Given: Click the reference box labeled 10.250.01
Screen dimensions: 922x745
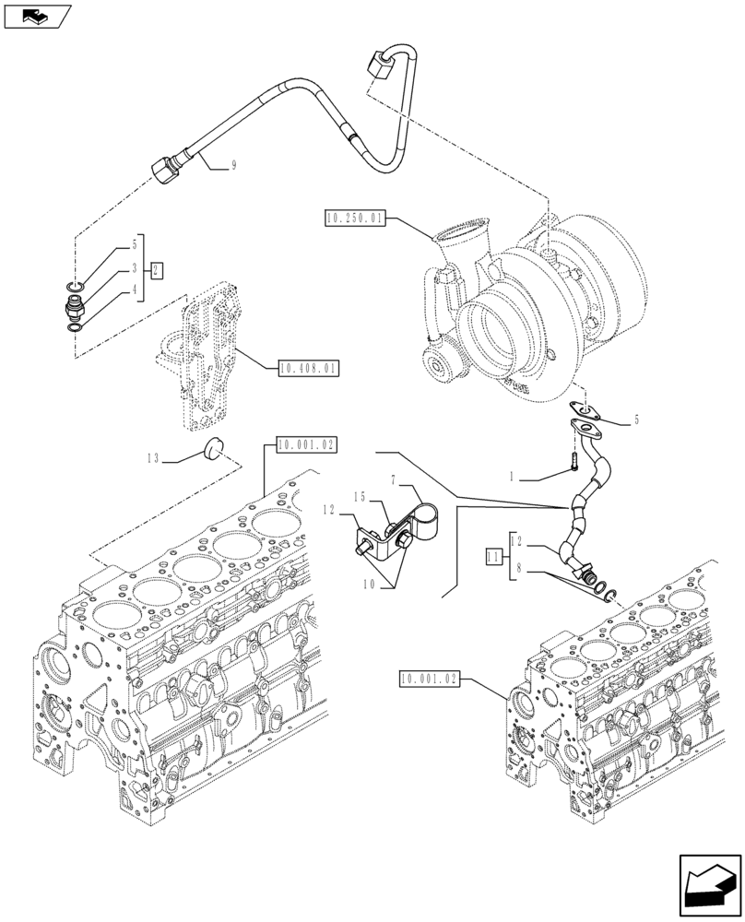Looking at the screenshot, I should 354,219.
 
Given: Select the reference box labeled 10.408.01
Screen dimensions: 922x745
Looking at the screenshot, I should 308,369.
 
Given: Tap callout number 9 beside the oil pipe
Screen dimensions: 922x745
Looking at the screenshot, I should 233,165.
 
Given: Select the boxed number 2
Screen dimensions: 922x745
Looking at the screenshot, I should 158,270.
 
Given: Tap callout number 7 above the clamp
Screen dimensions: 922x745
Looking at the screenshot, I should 394,481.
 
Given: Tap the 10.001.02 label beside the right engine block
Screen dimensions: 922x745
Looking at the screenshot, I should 430,679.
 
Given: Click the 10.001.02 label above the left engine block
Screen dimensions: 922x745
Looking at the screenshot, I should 305,444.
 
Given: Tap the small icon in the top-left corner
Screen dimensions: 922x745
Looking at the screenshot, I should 36,16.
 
